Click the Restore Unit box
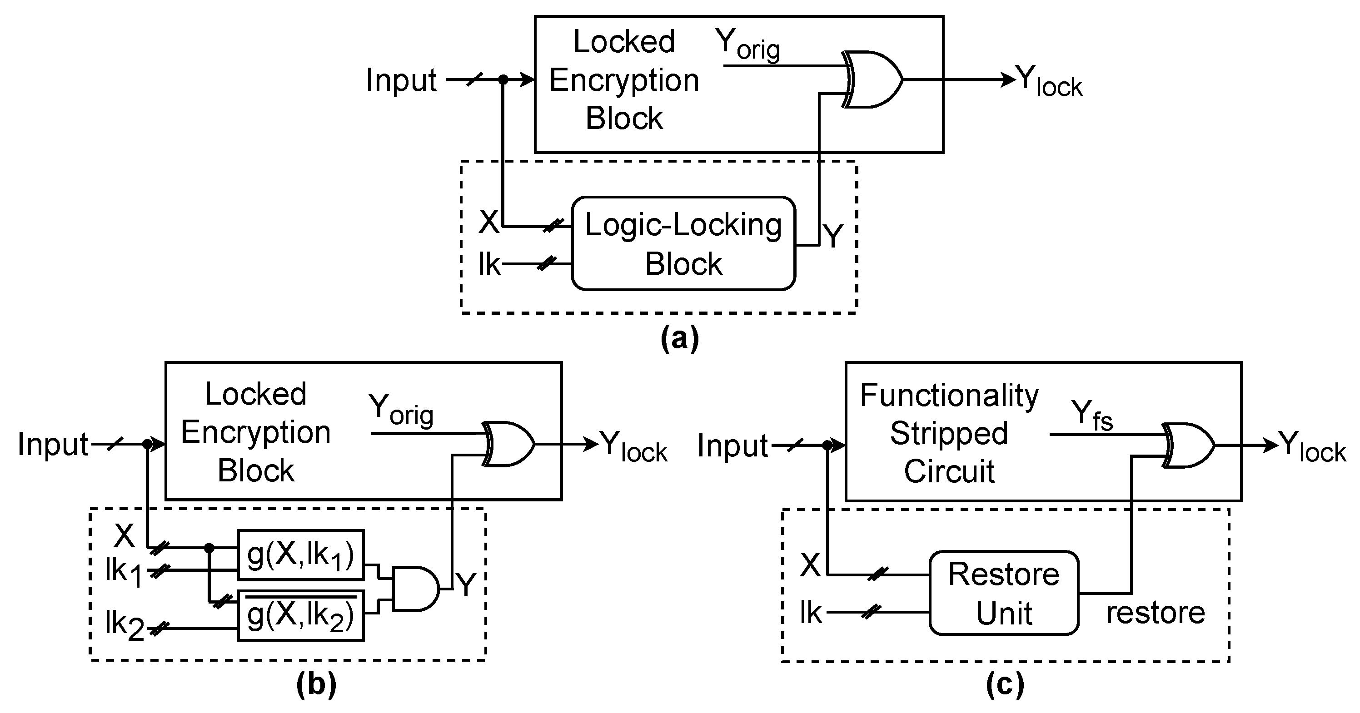1003,593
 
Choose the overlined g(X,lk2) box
300,616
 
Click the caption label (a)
679,338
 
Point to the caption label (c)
1005,684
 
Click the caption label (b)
316,684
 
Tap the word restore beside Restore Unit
1155,613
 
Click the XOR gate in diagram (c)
1188,446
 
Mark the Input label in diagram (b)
53,444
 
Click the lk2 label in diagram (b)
125,626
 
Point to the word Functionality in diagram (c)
949,395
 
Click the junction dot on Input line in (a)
503,79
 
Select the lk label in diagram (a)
489,264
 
